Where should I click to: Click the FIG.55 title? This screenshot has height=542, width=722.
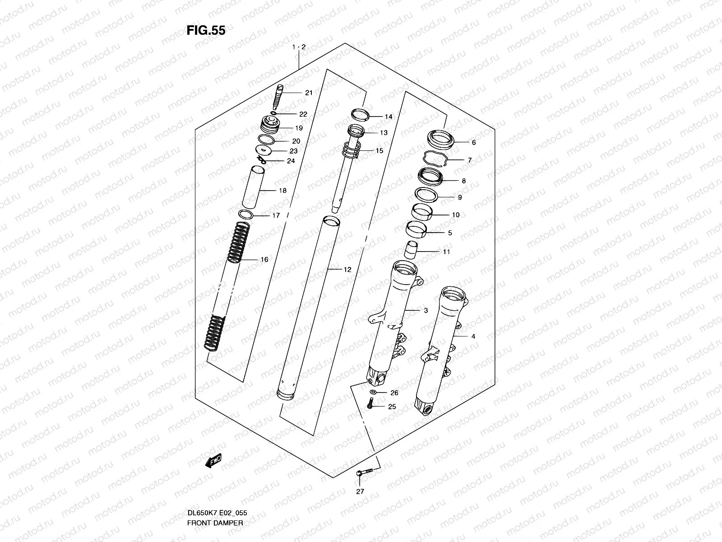click(206, 30)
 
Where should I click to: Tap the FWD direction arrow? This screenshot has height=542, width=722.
click(213, 461)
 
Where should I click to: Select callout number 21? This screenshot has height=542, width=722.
click(309, 93)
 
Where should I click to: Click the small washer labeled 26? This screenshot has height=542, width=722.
click(373, 392)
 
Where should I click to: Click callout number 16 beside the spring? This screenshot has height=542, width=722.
click(264, 260)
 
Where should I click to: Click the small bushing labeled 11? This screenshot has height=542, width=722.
click(412, 250)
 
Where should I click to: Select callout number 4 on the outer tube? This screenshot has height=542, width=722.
click(473, 336)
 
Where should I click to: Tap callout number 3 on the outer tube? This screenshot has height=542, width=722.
click(426, 310)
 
